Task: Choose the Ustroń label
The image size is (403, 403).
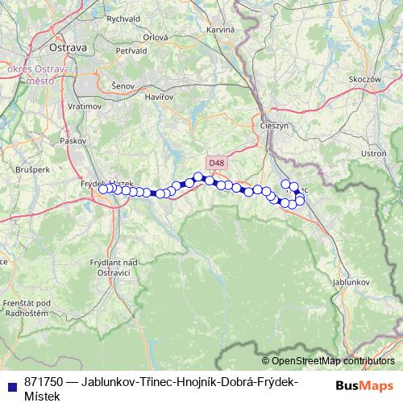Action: [x=374, y=153]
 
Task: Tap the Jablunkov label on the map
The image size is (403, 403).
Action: [x=350, y=283]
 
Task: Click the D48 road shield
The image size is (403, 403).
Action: [x=214, y=162]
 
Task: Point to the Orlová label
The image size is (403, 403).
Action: [x=155, y=37]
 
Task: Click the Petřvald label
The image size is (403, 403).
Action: [x=131, y=51]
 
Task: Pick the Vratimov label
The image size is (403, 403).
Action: [x=84, y=106]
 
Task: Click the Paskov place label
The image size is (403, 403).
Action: [x=73, y=139]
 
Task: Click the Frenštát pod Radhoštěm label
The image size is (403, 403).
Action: [x=27, y=307]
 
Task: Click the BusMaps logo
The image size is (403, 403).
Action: [x=365, y=384]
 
